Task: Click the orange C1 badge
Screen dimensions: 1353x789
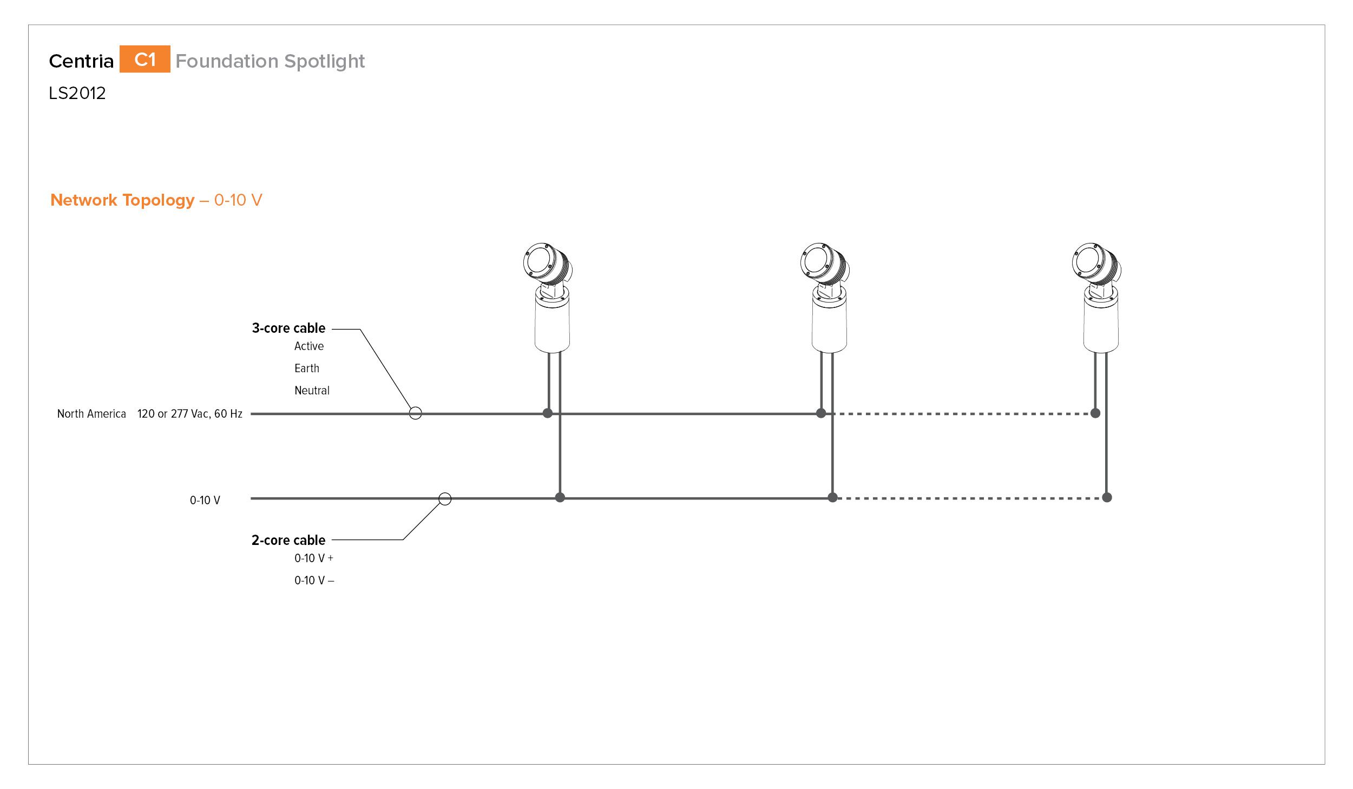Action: (145, 59)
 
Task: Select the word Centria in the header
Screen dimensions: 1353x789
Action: (81, 61)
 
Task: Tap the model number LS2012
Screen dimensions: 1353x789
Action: (77, 93)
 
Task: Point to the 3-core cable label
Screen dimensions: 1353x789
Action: (288, 328)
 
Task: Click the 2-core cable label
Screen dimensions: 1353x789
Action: (288, 540)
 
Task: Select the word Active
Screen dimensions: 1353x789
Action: (309, 346)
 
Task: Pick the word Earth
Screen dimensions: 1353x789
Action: (307, 369)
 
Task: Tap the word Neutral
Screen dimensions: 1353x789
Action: (312, 391)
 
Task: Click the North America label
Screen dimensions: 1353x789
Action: (91, 414)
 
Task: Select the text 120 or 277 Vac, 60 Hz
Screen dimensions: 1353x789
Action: (190, 414)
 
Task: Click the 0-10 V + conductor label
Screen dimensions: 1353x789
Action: (314, 558)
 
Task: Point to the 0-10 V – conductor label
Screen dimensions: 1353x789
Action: (314, 580)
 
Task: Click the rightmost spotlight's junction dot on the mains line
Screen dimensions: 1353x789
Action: (1095, 413)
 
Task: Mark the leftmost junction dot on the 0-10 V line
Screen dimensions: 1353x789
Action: (560, 497)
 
